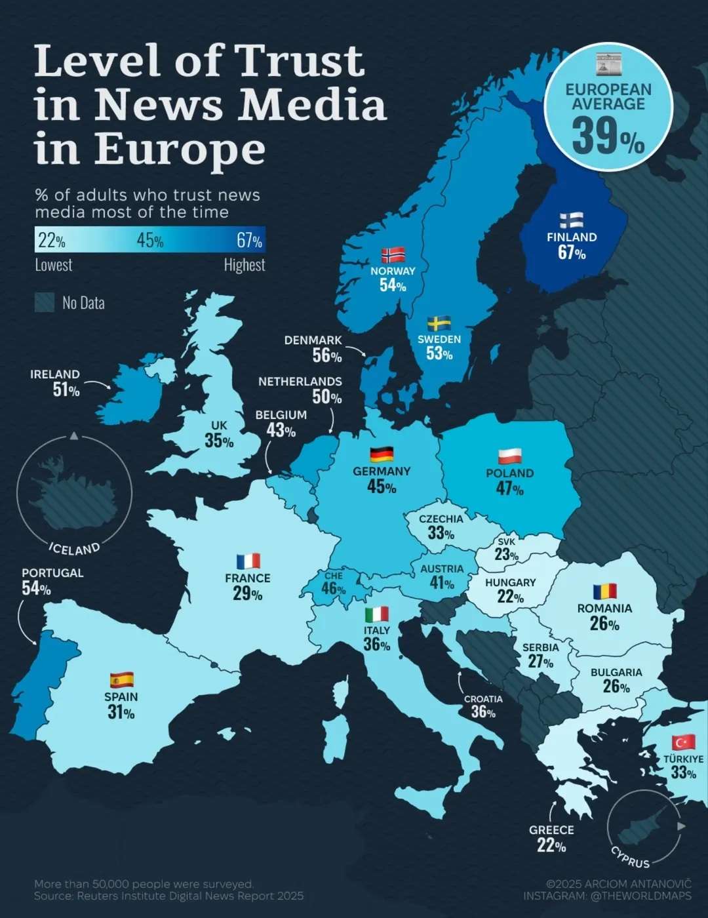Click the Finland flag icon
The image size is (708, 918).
click(572, 220)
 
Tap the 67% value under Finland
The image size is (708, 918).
click(572, 252)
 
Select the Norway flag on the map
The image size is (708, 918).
click(393, 255)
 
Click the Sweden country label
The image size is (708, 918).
click(439, 339)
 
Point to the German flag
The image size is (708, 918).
click(382, 454)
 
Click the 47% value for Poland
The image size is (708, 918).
click(509, 489)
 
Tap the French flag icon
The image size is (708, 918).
click(248, 561)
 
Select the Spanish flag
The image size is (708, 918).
click(121, 679)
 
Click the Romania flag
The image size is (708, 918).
click(604, 591)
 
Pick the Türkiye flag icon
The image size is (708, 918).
click(683, 742)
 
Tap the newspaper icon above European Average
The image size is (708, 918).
click(608, 64)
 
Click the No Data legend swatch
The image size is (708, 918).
click(45, 302)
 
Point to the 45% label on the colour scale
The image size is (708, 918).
click(150, 241)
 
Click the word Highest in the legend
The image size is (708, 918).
click(244, 265)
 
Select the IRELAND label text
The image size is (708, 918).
click(55, 374)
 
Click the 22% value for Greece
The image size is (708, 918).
click(551, 846)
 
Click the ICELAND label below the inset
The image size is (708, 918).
click(75, 548)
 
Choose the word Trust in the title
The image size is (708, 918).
click(300, 61)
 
